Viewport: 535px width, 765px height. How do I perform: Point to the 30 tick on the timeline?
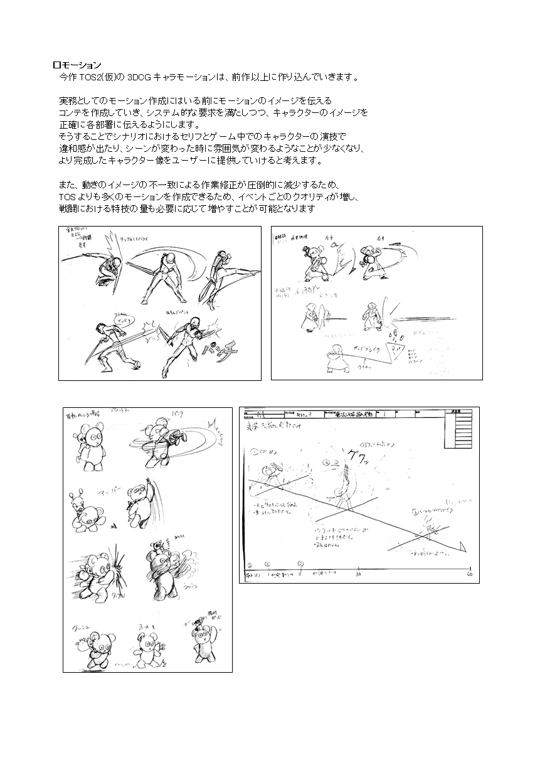pyautogui.click(x=358, y=574)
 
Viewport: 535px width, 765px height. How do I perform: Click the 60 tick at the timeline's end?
pyautogui.click(x=469, y=574)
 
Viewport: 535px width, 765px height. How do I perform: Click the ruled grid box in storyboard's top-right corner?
pyautogui.click(x=463, y=433)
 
